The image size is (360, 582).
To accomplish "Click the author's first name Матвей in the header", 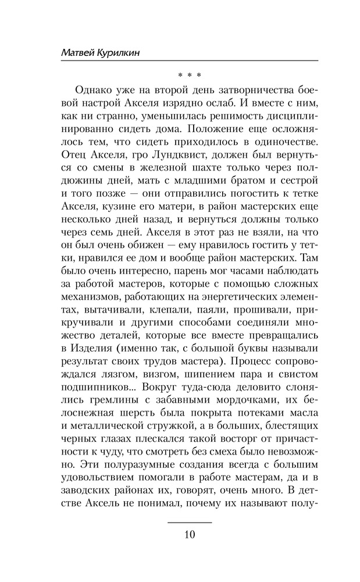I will (x=80, y=53).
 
